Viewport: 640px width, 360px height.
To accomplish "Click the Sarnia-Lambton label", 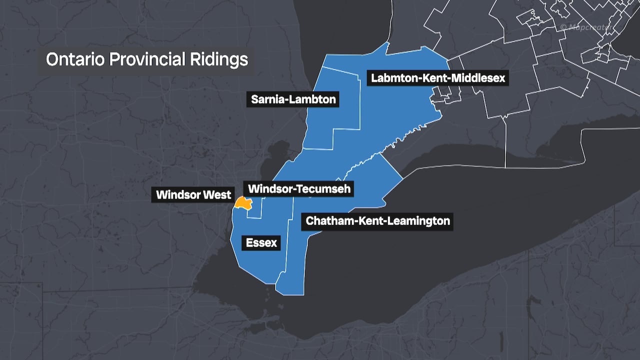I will tap(293, 99).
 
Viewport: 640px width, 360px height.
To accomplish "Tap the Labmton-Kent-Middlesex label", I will tap(437, 78).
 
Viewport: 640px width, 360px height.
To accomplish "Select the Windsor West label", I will tap(193, 195).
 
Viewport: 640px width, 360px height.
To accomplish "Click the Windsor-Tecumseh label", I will tap(299, 189).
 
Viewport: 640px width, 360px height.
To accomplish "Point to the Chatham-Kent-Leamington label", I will tap(377, 220).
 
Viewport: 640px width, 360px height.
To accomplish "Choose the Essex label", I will tap(261, 243).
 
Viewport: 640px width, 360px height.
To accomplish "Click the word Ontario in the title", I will tap(74, 59).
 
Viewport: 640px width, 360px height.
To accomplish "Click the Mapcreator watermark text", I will tap(588, 26).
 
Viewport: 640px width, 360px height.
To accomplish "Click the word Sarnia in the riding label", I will tap(269, 99).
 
